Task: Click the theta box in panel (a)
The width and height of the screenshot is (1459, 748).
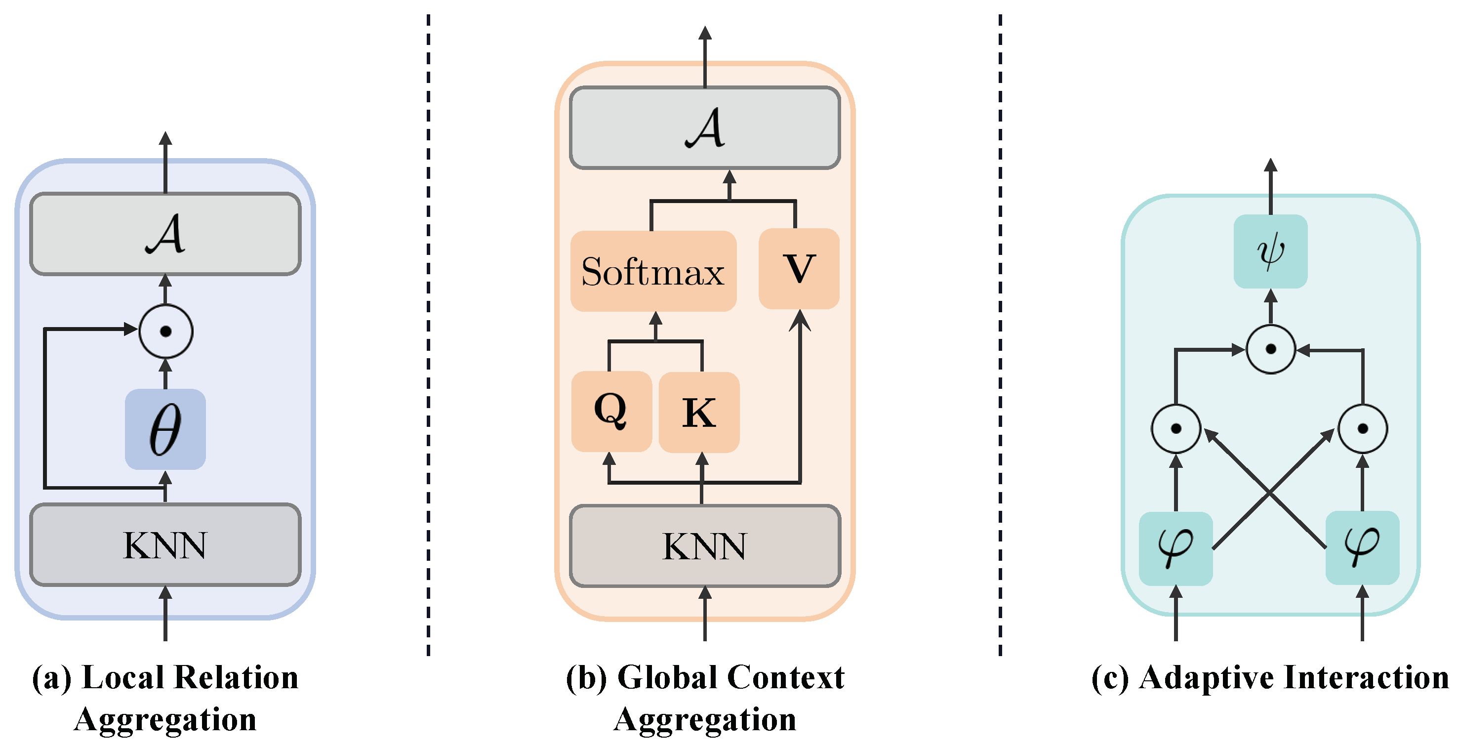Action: [165, 429]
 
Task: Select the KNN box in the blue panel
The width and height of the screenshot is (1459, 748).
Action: [165, 544]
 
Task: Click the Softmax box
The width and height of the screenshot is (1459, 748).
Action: [653, 271]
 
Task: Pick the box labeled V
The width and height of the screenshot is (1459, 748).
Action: [799, 269]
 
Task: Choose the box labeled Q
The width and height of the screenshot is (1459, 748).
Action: [611, 412]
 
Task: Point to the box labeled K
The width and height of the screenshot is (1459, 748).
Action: [699, 412]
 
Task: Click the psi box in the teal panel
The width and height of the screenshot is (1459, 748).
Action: [1270, 251]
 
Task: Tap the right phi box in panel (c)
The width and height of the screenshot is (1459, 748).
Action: [1362, 547]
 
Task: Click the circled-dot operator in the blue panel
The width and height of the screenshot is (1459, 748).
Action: [166, 332]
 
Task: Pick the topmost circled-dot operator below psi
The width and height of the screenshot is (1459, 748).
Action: [1270, 349]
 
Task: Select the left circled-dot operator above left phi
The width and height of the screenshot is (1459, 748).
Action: [1176, 428]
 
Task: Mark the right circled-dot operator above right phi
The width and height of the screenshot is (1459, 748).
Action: [1362, 428]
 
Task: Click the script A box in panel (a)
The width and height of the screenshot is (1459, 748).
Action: [165, 234]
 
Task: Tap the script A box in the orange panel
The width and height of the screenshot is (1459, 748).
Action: [705, 128]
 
